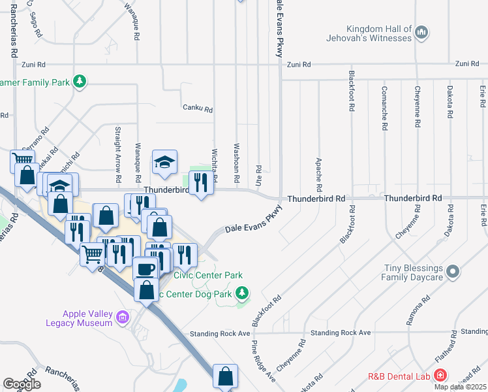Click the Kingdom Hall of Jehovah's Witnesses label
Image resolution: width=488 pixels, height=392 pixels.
(x=379, y=33)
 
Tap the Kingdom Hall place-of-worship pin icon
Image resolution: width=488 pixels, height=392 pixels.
(x=421, y=31)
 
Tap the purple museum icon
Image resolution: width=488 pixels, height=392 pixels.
(x=121, y=318)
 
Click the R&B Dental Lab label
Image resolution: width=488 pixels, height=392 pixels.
(x=399, y=376)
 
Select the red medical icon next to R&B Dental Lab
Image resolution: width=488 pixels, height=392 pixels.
(x=440, y=376)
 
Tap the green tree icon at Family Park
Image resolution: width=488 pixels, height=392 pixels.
(x=80, y=82)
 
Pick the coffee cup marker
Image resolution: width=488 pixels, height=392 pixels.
(x=145, y=269)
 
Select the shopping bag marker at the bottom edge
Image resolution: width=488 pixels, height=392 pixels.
(x=225, y=376)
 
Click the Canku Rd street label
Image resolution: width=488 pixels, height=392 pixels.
(x=198, y=109)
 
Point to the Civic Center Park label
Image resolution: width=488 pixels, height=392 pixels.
(x=207, y=275)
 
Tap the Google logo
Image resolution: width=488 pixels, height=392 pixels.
(x=22, y=384)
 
